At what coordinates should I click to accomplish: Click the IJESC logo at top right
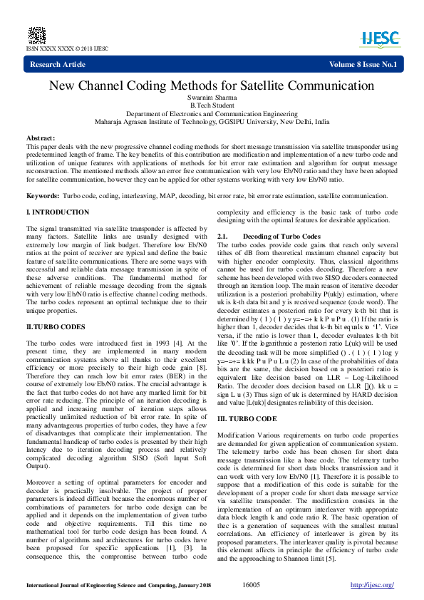pos(380,37)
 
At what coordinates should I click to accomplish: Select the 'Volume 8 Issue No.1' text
pos(362,65)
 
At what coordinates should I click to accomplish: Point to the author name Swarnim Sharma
pos(212,98)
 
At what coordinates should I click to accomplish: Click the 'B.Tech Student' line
pos(212,105)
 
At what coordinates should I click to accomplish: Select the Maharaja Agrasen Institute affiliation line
pos(212,122)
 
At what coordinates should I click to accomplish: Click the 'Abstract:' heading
pos(41,137)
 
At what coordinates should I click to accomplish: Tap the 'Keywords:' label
pos(43,195)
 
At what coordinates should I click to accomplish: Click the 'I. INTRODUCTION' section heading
pos(58,212)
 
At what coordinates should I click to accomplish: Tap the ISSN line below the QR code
pos(67,48)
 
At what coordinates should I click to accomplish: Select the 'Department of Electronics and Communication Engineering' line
pos(212,114)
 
